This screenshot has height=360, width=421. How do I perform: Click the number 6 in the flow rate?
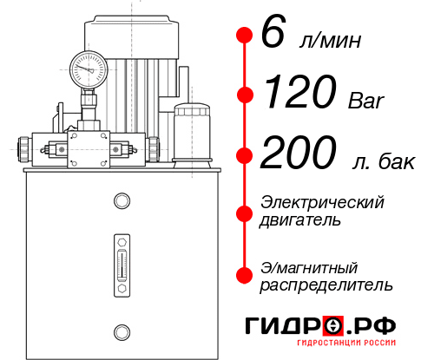pyautogui.click(x=272, y=35)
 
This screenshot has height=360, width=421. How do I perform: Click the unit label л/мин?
pyautogui.click(x=332, y=40)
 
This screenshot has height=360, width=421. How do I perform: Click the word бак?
pyautogui.click(x=398, y=160)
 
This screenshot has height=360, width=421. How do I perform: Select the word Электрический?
pyautogui.click(x=322, y=203)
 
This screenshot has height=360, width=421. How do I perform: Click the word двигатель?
pyautogui.click(x=300, y=220)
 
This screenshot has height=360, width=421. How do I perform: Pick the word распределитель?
pyautogui.click(x=326, y=284)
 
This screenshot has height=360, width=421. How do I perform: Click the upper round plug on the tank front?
pyautogui.click(x=122, y=202)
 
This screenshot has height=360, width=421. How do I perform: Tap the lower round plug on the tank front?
pyautogui.click(x=122, y=330)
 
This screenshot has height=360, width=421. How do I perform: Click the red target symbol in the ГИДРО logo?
pyautogui.click(x=333, y=325)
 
